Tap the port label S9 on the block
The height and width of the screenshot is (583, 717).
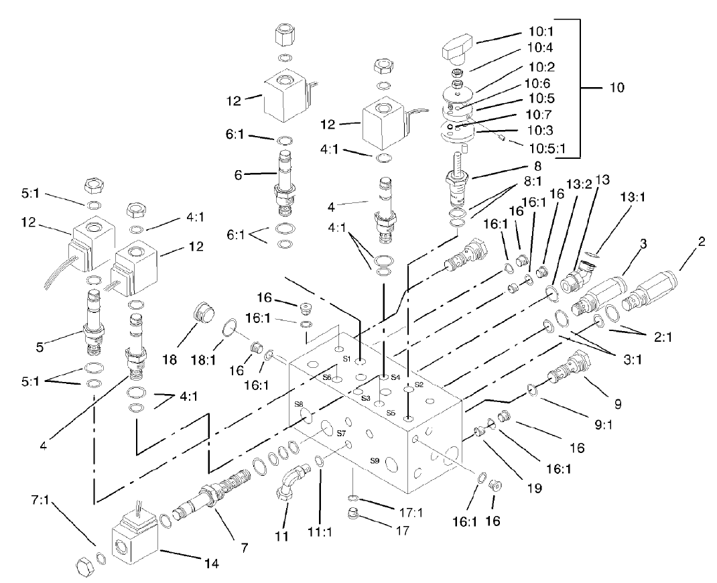376,460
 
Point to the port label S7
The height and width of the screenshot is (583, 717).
340,433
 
